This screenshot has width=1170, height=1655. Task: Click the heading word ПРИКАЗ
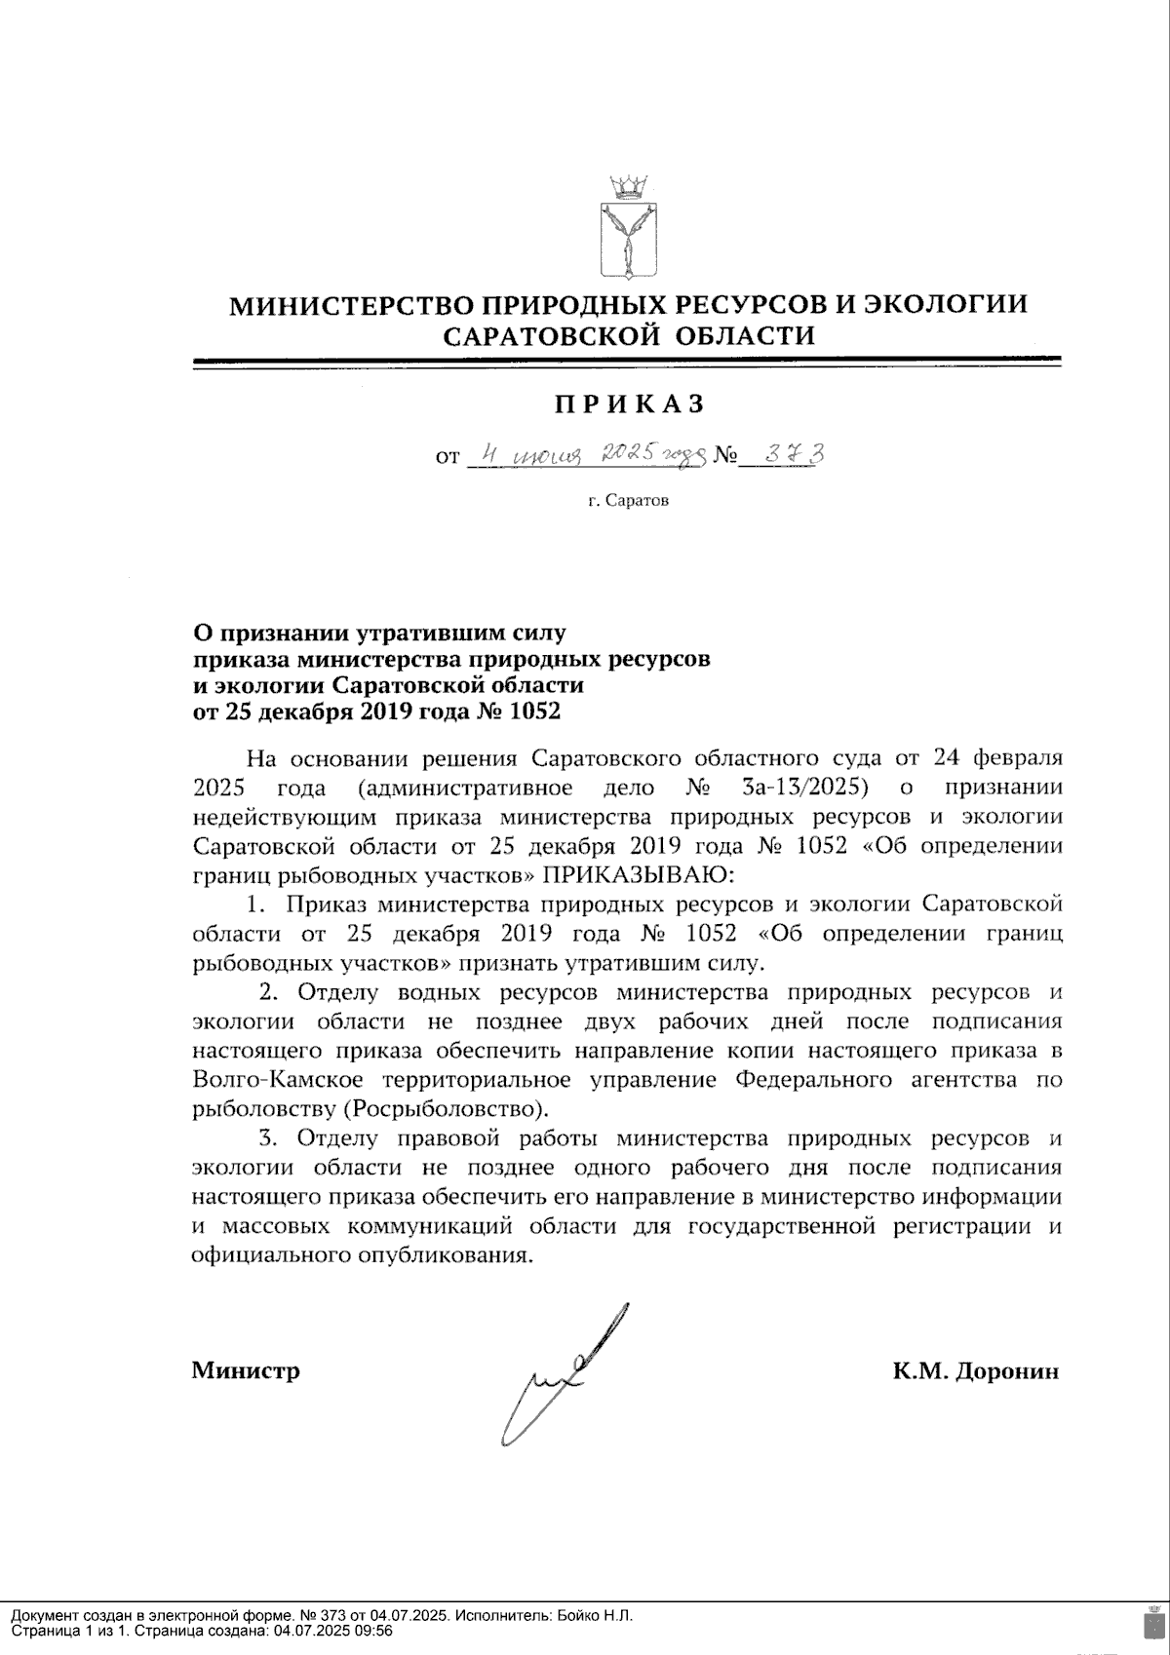[629, 403]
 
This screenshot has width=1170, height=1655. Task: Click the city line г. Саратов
[629, 501]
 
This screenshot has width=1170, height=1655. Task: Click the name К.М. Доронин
[975, 1371]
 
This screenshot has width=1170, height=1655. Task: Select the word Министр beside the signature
[246, 1371]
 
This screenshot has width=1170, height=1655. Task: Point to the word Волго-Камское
[278, 1079]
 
